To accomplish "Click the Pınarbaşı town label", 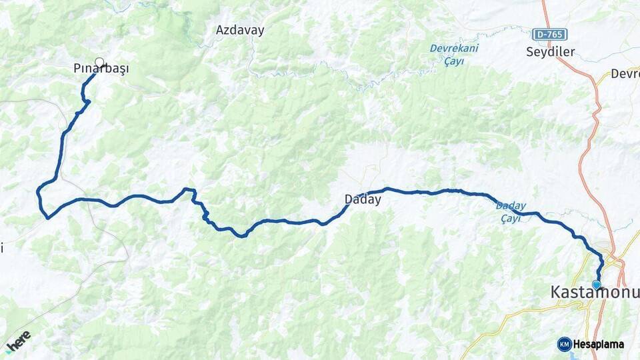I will pos(101,69).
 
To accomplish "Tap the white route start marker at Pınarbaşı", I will pos(99,63).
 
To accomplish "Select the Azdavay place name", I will pos(240,30).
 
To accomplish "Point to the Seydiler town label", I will pos(550,51).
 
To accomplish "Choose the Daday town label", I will pos(363,199).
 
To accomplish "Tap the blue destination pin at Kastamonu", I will pos(597,284).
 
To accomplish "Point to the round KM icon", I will pos(564,344).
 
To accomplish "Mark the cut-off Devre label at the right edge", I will pos(626,74).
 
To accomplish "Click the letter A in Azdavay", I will pos(220,30).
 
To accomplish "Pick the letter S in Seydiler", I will pos(529,51).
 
